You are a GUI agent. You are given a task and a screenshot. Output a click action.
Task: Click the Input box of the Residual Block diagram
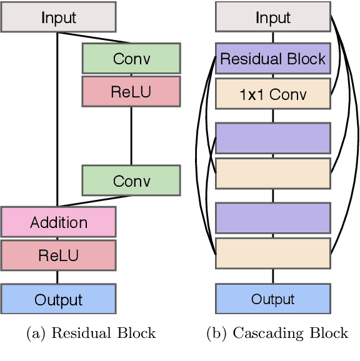click(58, 17)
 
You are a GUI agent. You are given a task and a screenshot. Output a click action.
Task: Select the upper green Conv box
click(131, 59)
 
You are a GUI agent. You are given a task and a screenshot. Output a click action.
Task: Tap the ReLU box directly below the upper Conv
click(131, 91)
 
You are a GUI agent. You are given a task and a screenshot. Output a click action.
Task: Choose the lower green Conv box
click(131, 180)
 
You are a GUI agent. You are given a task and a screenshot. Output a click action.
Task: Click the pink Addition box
click(58, 222)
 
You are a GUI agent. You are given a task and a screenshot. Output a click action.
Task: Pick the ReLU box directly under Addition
click(58, 255)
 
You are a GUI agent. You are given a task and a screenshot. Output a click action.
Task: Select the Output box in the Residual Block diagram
click(58, 299)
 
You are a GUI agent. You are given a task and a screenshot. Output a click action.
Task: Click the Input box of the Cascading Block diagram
click(273, 17)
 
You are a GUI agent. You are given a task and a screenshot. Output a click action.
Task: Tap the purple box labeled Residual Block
click(273, 59)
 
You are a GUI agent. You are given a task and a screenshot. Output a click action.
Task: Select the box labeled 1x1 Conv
click(273, 94)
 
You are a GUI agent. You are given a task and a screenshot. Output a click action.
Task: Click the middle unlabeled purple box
click(273, 138)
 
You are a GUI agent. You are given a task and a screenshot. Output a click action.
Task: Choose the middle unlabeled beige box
click(273, 173)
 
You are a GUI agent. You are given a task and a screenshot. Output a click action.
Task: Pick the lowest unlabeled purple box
click(273, 217)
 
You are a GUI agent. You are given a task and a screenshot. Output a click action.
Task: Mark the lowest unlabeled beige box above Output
click(273, 253)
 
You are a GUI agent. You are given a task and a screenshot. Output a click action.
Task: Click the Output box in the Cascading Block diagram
click(273, 299)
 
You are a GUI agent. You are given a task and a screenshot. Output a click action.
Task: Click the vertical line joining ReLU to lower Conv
click(131, 136)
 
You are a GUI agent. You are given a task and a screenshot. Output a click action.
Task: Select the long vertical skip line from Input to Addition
click(57, 119)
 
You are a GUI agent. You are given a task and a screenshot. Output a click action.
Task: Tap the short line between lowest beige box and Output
click(273, 275)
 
